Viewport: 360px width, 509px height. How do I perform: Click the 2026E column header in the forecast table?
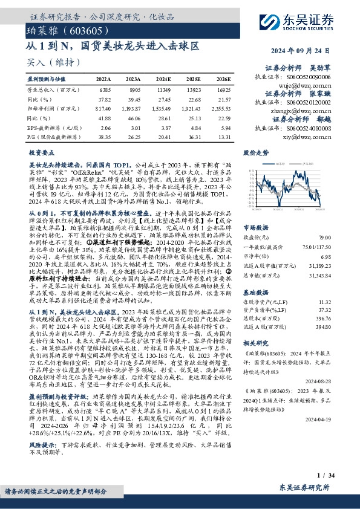224,79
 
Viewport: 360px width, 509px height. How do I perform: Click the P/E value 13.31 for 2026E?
224,137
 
